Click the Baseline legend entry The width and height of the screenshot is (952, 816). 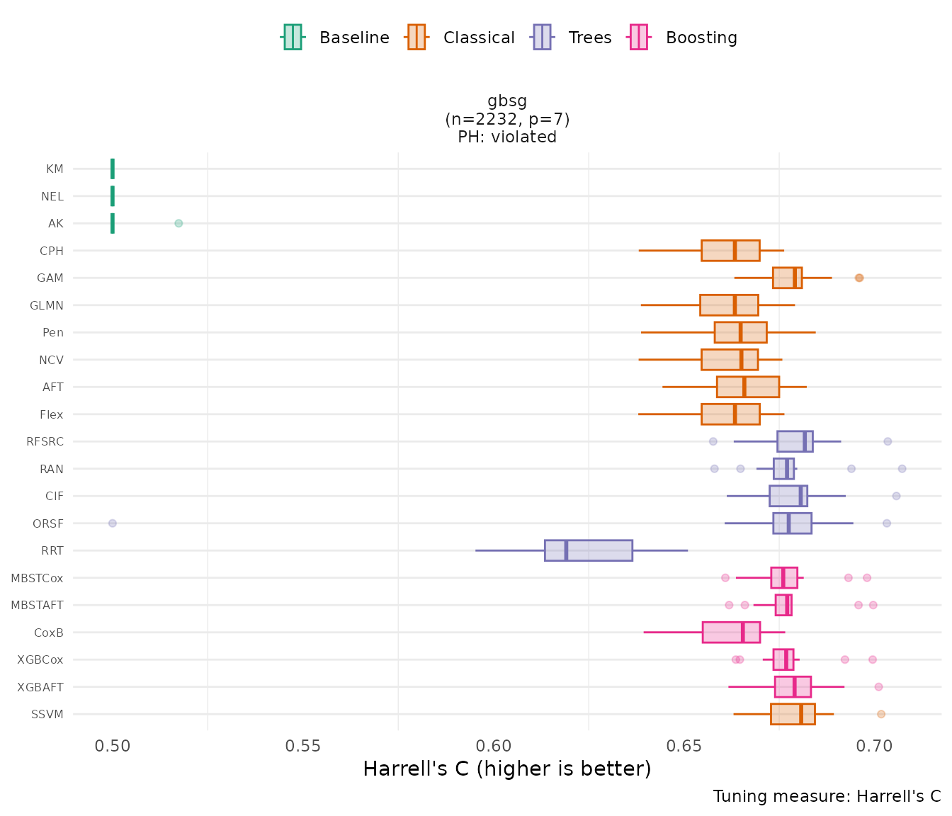pyautogui.click(x=336, y=38)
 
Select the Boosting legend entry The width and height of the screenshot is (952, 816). pyautogui.click(x=684, y=38)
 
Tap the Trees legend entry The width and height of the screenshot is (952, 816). pyautogui.click(x=573, y=38)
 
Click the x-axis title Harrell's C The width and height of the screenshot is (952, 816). pyautogui.click(x=506, y=769)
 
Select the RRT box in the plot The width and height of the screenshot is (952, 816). pyautogui.click(x=588, y=550)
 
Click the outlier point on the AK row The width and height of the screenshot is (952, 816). pyautogui.click(x=178, y=223)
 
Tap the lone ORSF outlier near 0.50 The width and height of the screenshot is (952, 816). pyautogui.click(x=112, y=523)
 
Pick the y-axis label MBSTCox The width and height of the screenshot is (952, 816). pyautogui.click(x=37, y=578)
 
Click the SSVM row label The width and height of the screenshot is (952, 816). pyautogui.click(x=47, y=714)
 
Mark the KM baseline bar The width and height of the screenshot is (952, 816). pyautogui.click(x=113, y=169)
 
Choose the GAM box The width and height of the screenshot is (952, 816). pyautogui.click(x=787, y=278)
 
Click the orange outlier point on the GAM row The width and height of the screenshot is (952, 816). pyautogui.click(x=859, y=278)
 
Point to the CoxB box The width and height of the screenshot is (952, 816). pyautogui.click(x=731, y=633)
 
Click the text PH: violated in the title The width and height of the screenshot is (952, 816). pyautogui.click(x=507, y=137)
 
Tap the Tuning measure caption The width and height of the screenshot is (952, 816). pyautogui.click(x=827, y=796)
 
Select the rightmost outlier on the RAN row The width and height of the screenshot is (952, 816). pyautogui.click(x=902, y=469)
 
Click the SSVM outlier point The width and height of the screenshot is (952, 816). pyautogui.click(x=881, y=714)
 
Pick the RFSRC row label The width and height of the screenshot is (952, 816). pyautogui.click(x=45, y=441)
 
